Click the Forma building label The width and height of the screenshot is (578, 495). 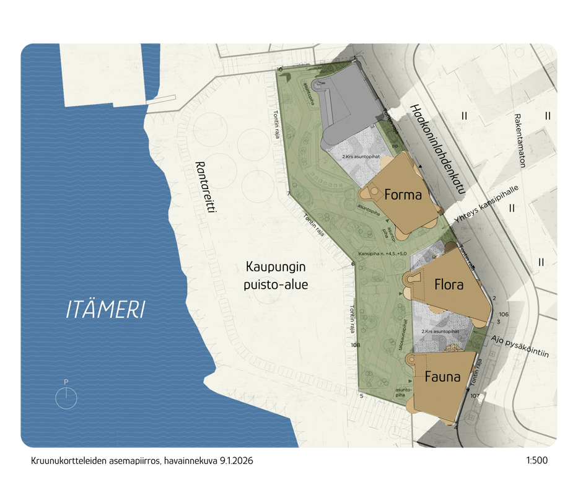click(403, 195)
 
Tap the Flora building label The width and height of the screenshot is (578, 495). click(449, 286)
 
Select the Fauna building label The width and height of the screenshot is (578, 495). click(442, 376)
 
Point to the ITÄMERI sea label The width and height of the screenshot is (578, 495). click(105, 310)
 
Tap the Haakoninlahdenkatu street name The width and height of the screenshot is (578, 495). click(437, 149)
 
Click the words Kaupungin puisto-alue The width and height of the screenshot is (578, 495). click(277, 276)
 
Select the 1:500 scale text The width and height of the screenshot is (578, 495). click(536, 461)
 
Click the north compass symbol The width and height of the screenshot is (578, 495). click(66, 397)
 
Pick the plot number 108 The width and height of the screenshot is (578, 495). click(355, 344)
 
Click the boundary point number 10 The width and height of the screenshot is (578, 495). click(279, 69)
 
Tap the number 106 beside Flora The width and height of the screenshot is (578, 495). click(503, 314)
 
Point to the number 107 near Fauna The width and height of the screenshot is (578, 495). click(475, 395)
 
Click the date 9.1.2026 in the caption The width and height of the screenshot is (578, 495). click(236, 461)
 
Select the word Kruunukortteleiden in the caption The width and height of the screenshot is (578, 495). click(61, 461)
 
